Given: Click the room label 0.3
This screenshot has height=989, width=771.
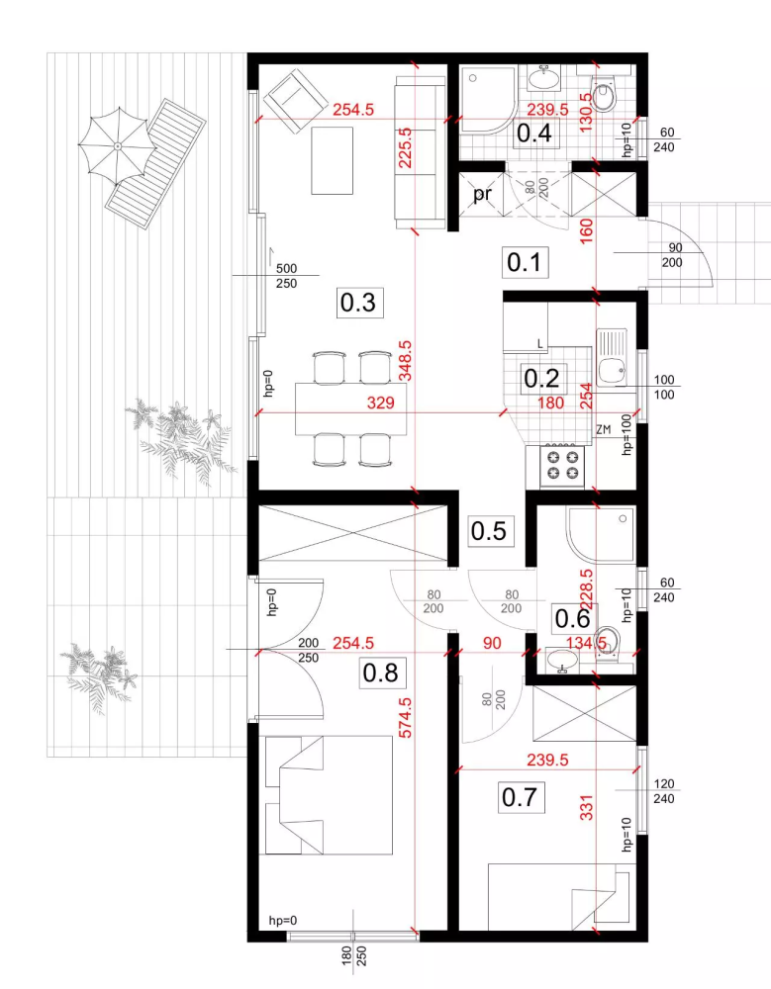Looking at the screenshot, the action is tap(358, 302).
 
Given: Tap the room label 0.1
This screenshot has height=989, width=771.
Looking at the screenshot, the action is tap(525, 262).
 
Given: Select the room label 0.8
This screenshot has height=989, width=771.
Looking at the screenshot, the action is tap(380, 673).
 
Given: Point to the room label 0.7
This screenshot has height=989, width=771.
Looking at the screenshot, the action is tap(520, 797).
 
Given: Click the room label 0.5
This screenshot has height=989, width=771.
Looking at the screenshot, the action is tap(489, 530).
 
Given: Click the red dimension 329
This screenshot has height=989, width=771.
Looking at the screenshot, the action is tap(381, 403).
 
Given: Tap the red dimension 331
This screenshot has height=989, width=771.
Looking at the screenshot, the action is tap(587, 808).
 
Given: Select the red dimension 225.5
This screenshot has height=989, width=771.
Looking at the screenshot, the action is tap(405, 148).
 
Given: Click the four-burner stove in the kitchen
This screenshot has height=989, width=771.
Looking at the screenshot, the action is tap(563, 466).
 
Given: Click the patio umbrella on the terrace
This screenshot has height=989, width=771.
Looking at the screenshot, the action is tap(118, 146).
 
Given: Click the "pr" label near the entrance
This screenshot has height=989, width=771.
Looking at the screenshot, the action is tap(482, 194).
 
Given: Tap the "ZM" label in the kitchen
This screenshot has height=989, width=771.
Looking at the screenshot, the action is tap(603, 429).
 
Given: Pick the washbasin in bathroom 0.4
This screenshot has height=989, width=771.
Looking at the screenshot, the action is tap(543, 78).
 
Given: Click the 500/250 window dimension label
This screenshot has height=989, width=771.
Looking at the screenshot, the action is tap(286, 276).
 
